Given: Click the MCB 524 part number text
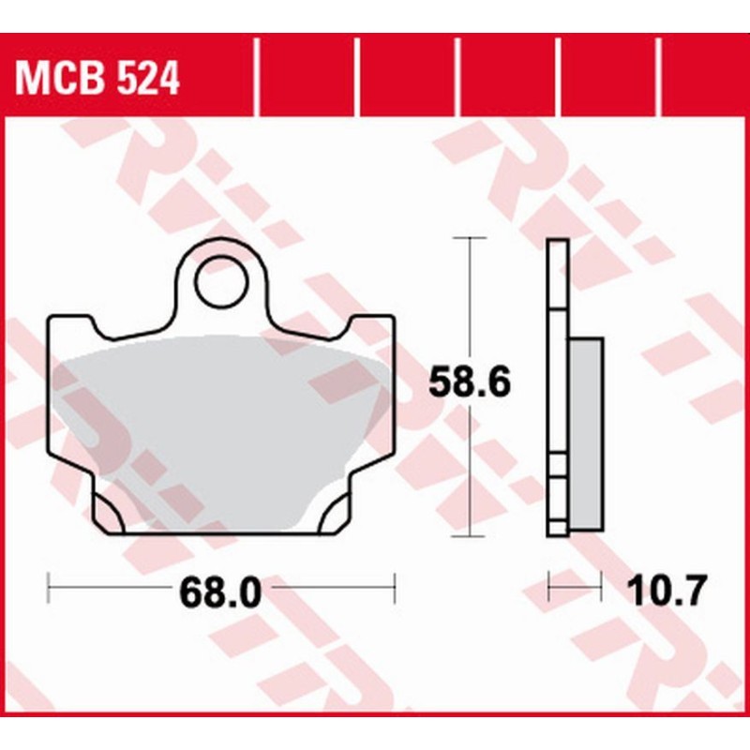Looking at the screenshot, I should coord(97,80).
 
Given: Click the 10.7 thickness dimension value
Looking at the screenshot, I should coord(661,592).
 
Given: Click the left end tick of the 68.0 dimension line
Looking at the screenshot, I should coord(48,591).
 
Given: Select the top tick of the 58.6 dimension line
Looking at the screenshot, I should coord(469,239).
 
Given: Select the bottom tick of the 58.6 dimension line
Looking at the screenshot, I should coord(469,536).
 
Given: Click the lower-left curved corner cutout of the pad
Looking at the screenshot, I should coord(110,512).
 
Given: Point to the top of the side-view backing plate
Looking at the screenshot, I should coord(557,244).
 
